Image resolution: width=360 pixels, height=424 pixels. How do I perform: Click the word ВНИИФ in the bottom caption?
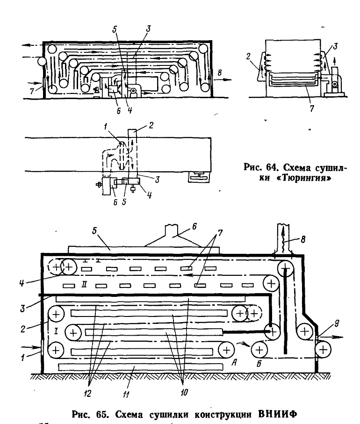278,414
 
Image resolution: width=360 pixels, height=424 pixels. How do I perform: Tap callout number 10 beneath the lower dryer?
184,392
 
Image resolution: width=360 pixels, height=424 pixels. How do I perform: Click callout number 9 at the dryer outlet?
337,323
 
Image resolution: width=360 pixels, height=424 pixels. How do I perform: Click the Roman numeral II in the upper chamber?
84,285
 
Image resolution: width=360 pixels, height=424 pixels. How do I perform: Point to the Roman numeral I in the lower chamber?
56,331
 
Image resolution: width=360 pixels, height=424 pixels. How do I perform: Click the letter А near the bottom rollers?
234,363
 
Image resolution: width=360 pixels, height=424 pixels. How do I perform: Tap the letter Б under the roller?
259,364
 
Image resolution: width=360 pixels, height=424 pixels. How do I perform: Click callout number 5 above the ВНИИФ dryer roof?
94,232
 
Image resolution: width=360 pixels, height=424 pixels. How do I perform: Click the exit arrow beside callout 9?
331,337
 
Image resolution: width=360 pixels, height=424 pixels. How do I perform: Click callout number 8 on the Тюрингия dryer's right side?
220,73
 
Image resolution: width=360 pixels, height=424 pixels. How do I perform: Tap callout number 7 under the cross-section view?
312,108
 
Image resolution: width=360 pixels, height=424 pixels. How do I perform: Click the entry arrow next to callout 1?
30,347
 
